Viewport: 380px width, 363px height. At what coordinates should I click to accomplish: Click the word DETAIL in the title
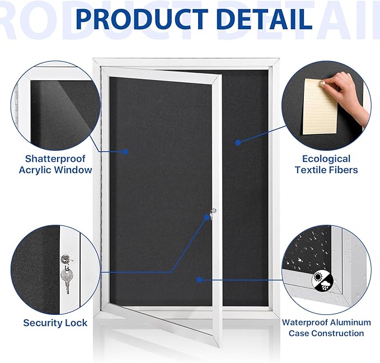pos(262,18)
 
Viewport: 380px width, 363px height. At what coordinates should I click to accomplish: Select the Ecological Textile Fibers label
pos(326,164)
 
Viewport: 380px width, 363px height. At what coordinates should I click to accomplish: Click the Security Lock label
pos(55,323)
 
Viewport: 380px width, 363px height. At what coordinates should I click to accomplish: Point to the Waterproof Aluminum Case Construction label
pos(326,328)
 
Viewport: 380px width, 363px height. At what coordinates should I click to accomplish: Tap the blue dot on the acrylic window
pos(125,151)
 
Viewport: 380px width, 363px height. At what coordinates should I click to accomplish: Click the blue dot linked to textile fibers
pos(238,143)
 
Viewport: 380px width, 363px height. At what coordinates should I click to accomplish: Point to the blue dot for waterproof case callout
pos(198,279)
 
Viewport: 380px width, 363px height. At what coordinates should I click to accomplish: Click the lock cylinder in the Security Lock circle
pos(67,259)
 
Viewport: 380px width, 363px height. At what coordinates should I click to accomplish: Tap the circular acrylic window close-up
pos(53,109)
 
